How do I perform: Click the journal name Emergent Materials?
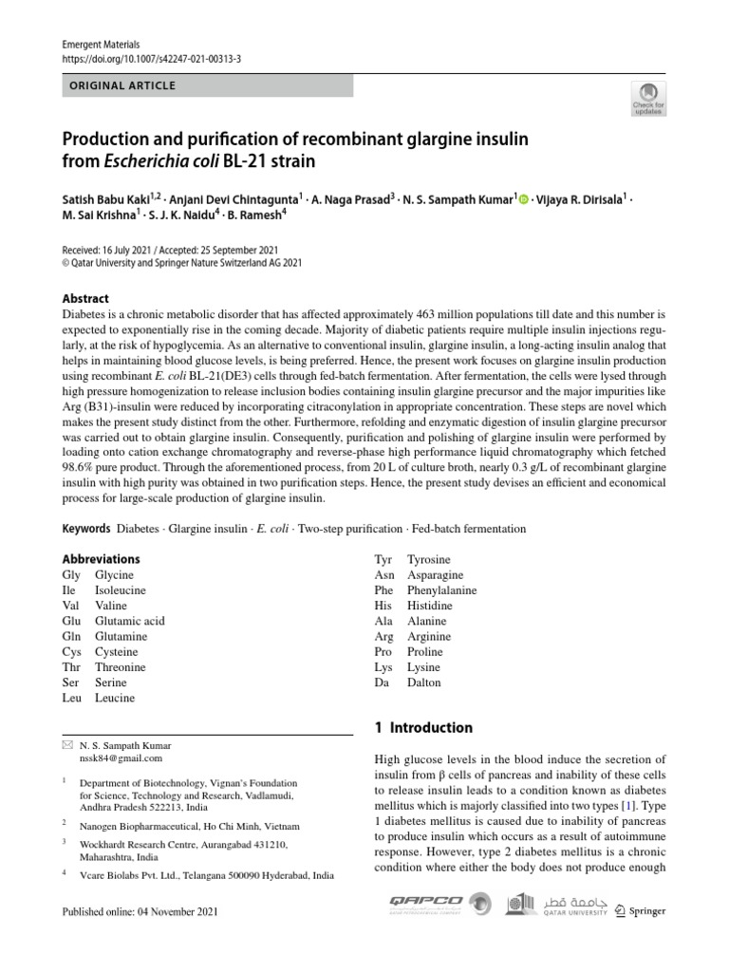[100, 44]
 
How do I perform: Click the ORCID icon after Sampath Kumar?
[523, 197]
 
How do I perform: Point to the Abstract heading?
[85, 298]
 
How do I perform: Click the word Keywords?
[86, 529]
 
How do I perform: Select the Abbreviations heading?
[101, 559]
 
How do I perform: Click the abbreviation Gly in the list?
[71, 575]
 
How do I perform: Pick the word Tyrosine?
[429, 560]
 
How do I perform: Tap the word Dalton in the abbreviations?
[423, 682]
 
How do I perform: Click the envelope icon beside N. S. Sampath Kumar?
[65, 745]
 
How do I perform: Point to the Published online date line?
[140, 912]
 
